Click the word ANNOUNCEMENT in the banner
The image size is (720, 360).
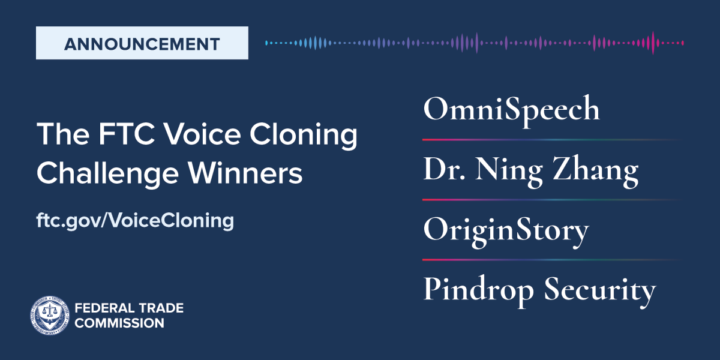[142, 44]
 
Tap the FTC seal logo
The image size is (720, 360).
[50, 315]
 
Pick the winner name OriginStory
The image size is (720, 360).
[506, 231]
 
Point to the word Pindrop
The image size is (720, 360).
[479, 290]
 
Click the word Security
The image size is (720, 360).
[600, 290]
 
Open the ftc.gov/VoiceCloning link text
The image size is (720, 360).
[135, 221]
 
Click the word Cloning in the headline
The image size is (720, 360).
[303, 134]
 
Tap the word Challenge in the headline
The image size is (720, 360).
[107, 173]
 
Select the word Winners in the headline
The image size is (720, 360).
[245, 173]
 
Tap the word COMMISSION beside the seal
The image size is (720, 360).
[119, 323]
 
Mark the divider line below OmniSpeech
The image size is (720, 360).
[553, 140]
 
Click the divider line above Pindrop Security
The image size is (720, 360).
[553, 260]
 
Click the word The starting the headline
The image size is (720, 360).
[63, 134]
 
